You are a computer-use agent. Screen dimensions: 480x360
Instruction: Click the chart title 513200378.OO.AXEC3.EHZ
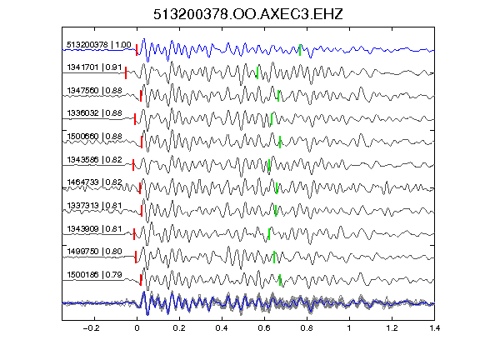tap(248, 14)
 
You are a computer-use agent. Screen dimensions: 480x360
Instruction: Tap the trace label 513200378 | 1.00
tap(99, 45)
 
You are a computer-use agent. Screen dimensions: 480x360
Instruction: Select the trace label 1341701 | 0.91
tap(94, 67)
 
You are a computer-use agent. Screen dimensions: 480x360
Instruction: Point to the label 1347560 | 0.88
tap(94, 91)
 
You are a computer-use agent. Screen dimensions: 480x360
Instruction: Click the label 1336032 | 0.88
tap(94, 113)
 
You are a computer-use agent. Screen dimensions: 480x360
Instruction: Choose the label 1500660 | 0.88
tap(94, 136)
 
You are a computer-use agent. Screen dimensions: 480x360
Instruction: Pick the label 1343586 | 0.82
tap(94, 159)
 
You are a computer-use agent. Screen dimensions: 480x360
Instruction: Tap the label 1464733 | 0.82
tap(94, 182)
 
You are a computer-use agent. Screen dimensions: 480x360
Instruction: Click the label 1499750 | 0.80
tap(94, 252)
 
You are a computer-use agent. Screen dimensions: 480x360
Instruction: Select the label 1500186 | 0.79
tap(94, 275)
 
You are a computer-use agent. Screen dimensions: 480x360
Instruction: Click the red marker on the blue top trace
tap(137, 50)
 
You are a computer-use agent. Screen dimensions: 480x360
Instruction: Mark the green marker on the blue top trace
tap(300, 50)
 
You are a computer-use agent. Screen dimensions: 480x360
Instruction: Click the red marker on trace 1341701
tap(126, 72)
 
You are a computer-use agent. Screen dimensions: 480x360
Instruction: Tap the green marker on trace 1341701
tap(257, 72)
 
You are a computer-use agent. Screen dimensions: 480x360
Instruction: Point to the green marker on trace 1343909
tap(269, 234)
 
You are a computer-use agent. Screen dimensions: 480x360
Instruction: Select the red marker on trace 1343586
tap(133, 165)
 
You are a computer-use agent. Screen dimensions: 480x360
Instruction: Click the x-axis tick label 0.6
tap(264, 328)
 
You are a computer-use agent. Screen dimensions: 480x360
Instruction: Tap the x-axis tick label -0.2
tap(91, 328)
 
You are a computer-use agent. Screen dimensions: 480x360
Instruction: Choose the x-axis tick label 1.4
tap(434, 328)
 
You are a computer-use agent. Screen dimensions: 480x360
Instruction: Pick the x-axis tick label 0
tap(137, 328)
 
